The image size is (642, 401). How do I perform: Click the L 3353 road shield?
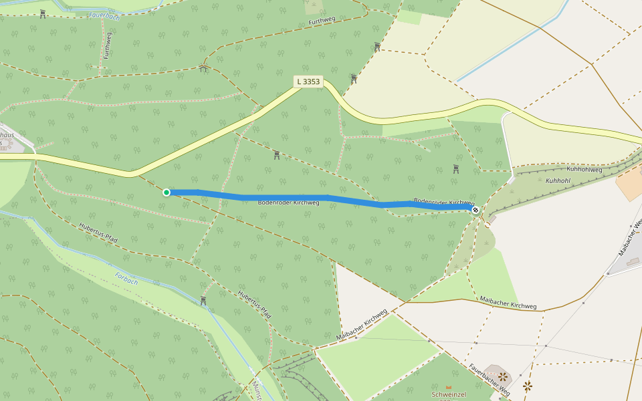(308, 82)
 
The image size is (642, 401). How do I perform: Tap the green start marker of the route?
(167, 192)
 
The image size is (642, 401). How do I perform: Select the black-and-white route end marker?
(475, 210)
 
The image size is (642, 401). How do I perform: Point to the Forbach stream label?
(126, 278)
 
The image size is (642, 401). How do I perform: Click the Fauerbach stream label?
(104, 15)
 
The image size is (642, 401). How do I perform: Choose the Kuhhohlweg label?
(584, 170)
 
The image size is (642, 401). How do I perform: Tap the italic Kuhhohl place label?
(558, 181)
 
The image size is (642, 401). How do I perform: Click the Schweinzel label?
(449, 395)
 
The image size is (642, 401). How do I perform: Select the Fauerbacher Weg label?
(490, 378)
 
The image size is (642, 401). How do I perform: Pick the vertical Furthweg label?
(108, 45)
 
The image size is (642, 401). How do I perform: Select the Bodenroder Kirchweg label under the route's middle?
(288, 203)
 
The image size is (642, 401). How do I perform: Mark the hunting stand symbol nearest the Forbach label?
(203, 301)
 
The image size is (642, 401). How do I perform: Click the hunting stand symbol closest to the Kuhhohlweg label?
(456, 169)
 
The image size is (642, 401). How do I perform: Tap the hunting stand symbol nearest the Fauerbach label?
(43, 14)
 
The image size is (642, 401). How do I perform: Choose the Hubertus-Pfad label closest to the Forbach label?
(98, 233)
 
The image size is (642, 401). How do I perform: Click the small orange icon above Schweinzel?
(449, 387)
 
